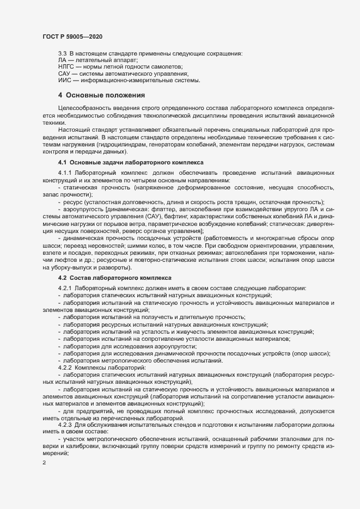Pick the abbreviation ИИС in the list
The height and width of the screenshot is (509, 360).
(x=65, y=80)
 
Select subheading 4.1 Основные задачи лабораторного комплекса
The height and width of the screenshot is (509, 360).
(x=130, y=163)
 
